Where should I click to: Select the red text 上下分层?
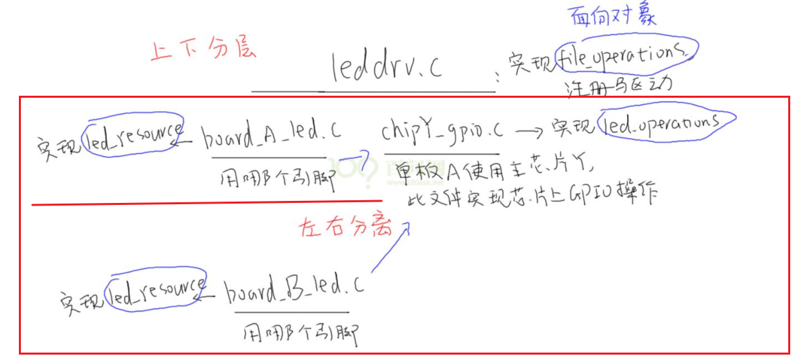click(x=203, y=51)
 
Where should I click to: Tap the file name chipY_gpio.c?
click(x=440, y=131)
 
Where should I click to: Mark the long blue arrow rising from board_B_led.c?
click(x=389, y=249)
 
